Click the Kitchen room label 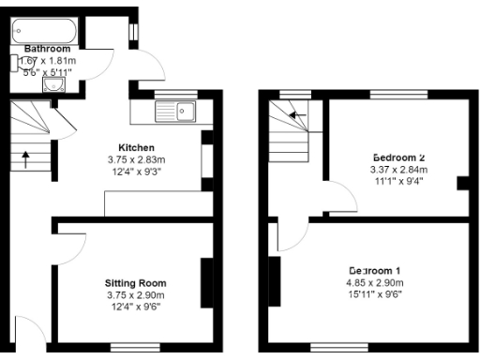(136, 147)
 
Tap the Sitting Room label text (136, 282)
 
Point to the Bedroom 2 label (398, 157)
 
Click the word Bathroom (47, 49)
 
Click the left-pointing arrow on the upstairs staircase (297, 115)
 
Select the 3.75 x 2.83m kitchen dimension (136, 159)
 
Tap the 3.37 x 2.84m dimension (398, 169)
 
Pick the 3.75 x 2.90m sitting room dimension (136, 294)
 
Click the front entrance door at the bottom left (28, 333)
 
